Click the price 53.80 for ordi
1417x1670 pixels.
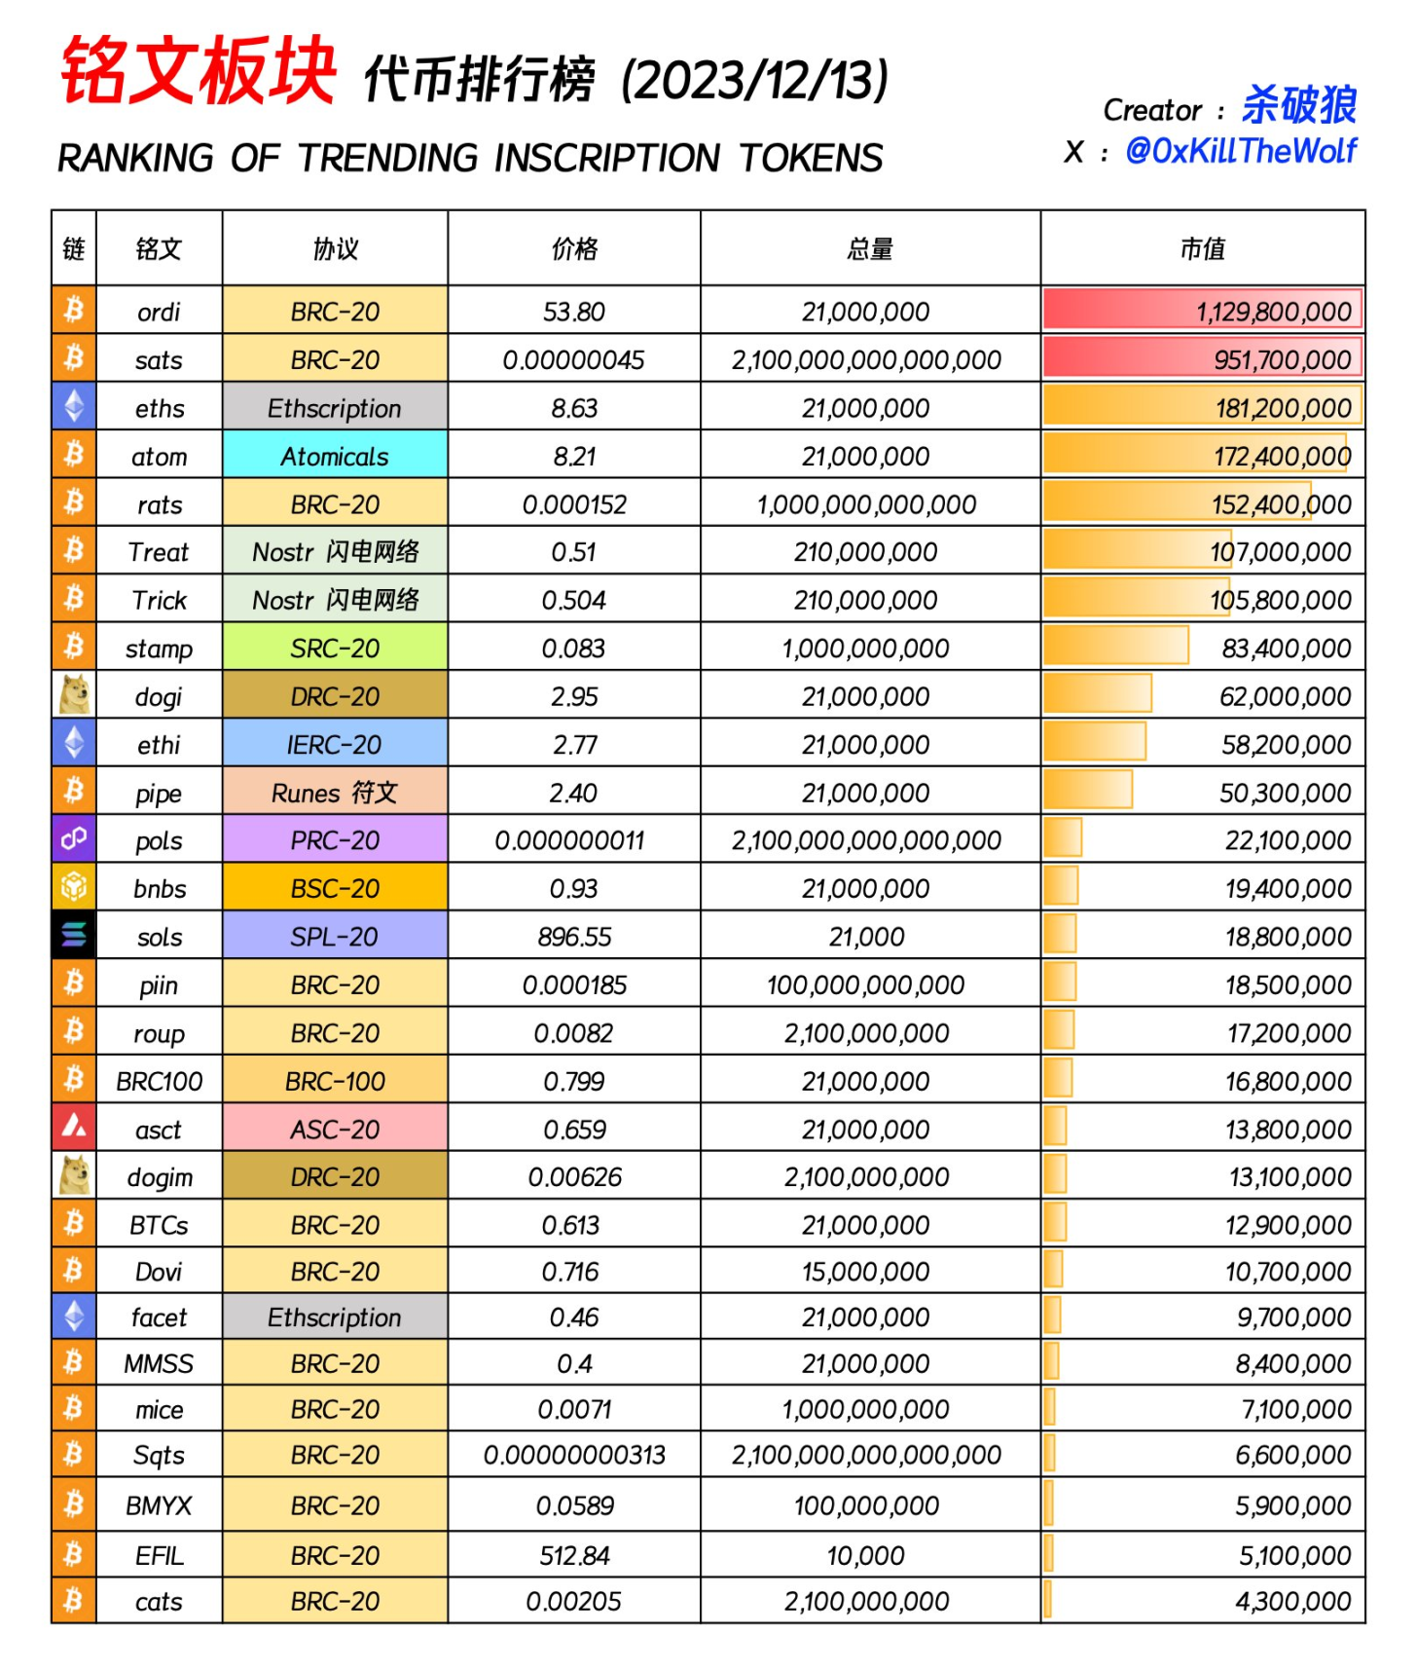pyautogui.click(x=573, y=312)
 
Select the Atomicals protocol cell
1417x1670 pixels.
pyautogui.click(x=335, y=456)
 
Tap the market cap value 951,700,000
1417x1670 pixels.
pyautogui.click(x=1282, y=360)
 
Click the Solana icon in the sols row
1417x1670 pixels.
pyautogui.click(x=74, y=936)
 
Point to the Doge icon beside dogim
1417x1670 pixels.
pyautogui.click(x=74, y=1176)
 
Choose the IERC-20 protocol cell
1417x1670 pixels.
pyautogui.click(x=335, y=745)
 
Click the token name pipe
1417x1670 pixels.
pyautogui.click(x=159, y=794)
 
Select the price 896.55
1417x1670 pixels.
pyautogui.click(x=574, y=937)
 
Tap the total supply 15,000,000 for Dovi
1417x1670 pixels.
pyautogui.click(x=865, y=1272)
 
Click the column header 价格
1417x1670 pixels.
pyautogui.click(x=574, y=249)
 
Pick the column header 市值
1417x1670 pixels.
pyautogui.click(x=1202, y=249)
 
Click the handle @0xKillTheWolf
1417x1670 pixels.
pyautogui.click(x=1241, y=151)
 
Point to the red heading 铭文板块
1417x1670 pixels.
pyautogui.click(x=199, y=71)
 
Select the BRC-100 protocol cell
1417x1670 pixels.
pyautogui.click(x=335, y=1081)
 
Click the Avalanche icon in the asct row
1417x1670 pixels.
pyautogui.click(x=74, y=1128)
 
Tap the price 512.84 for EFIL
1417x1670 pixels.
pyautogui.click(x=574, y=1555)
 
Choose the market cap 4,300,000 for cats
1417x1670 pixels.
pyautogui.click(x=1293, y=1602)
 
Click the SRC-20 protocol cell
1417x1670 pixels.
pyautogui.click(x=335, y=649)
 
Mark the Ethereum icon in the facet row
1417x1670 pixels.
pyautogui.click(x=74, y=1317)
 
